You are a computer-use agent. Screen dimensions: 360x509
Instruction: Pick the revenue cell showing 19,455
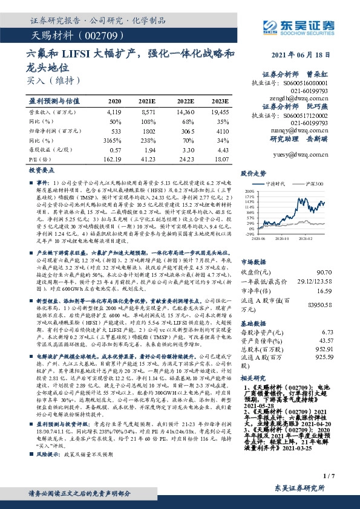point(220,112)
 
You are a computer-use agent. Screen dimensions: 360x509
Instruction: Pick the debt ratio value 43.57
point(342,341)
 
